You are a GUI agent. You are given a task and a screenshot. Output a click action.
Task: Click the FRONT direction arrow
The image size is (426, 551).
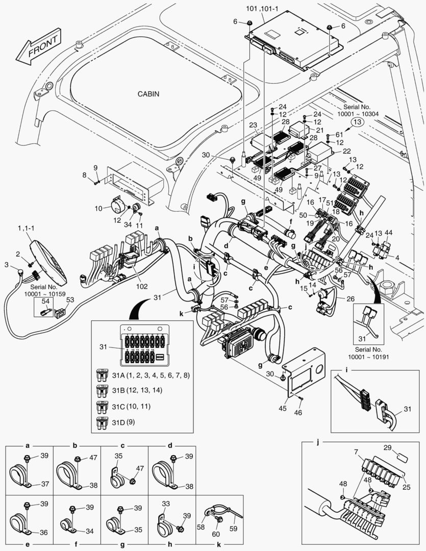point(39,47)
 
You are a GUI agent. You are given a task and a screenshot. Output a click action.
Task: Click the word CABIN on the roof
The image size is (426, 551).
point(148,94)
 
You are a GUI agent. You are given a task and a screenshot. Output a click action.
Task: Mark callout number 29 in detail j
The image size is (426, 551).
point(387,447)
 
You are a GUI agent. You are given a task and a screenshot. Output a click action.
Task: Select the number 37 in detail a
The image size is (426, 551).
point(44,484)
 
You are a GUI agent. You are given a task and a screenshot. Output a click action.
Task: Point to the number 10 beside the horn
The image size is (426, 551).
point(98,209)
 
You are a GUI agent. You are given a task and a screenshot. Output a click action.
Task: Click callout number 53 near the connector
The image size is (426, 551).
point(69,300)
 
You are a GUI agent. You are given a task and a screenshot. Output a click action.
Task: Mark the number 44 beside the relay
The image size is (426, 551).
point(389,232)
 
